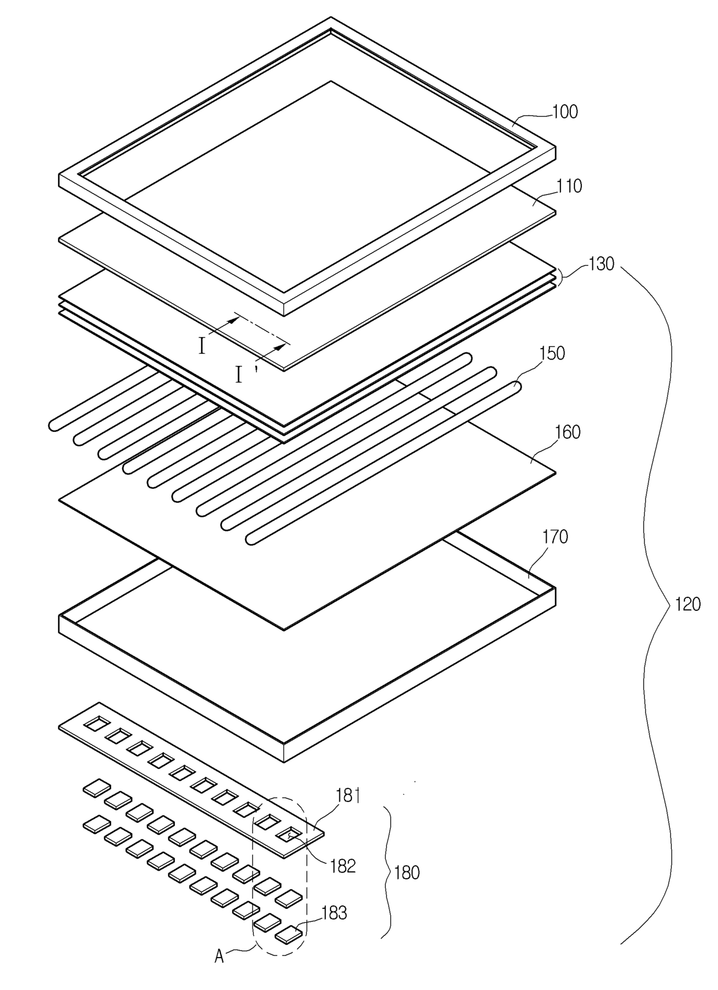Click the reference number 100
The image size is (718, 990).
click(x=565, y=112)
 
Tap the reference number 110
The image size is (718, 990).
click(x=569, y=186)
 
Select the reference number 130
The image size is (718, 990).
click(x=601, y=265)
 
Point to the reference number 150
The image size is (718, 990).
click(x=552, y=354)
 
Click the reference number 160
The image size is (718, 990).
click(x=567, y=432)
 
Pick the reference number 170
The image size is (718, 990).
click(x=555, y=537)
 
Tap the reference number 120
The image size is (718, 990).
click(x=688, y=604)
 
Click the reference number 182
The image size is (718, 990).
click(x=343, y=866)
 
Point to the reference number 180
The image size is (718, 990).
click(x=406, y=873)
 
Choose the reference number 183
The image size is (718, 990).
click(x=334, y=912)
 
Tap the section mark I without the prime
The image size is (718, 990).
click(x=202, y=347)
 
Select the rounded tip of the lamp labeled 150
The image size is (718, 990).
click(x=516, y=386)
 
